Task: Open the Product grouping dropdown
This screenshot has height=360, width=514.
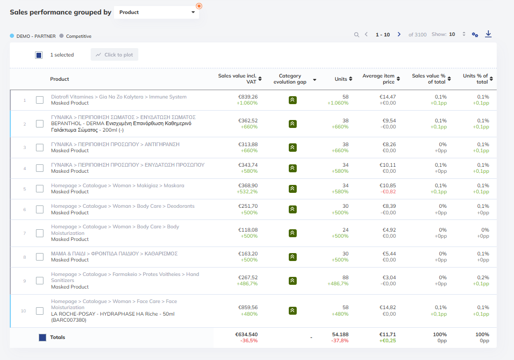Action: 157,13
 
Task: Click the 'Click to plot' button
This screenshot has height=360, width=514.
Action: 114,55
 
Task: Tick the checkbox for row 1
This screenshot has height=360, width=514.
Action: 40,100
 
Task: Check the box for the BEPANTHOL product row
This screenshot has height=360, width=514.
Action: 40,124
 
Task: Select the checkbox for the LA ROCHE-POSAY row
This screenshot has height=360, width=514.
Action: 40,311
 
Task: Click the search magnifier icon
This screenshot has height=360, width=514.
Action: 357,35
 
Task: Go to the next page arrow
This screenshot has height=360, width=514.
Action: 399,35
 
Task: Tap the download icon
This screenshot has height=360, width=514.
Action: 488,34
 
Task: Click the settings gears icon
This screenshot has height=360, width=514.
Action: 475,35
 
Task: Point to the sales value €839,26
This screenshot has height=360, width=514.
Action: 248,97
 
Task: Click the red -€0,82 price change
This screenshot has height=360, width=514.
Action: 388,191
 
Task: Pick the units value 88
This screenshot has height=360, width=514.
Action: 345,277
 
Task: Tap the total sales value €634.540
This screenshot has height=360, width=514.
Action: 247,334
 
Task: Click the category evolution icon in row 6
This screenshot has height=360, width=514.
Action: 293,209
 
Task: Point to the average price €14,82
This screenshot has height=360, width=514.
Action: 387,308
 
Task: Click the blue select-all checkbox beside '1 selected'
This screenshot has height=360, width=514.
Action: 39,55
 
